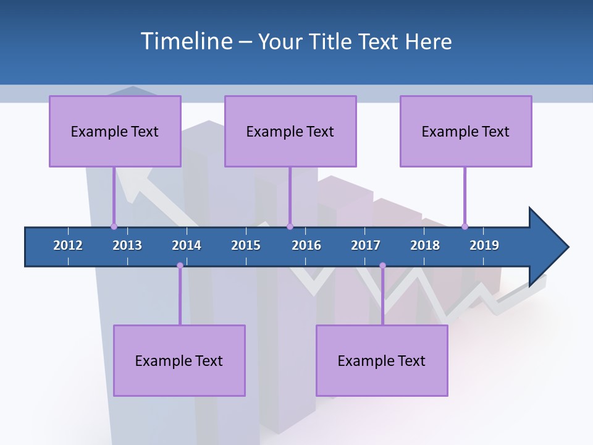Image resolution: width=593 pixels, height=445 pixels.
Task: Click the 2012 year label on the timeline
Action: tap(68, 245)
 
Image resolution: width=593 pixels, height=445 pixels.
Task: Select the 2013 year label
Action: tap(127, 245)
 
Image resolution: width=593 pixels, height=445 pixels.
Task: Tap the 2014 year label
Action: tap(187, 245)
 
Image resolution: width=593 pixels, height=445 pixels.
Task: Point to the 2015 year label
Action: tap(246, 245)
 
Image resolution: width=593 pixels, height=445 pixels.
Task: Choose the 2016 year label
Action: tap(306, 245)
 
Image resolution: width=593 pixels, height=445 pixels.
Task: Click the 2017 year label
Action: tap(366, 245)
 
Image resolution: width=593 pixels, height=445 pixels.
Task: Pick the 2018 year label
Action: tap(425, 245)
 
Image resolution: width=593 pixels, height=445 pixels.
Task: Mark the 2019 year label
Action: tap(484, 245)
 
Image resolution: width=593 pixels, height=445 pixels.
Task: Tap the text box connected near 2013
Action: tap(115, 131)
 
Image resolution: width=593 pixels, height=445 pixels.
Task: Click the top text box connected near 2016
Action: tap(290, 131)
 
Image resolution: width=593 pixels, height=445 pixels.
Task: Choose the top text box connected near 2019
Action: tap(466, 131)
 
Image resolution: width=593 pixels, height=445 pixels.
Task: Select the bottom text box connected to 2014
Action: tap(179, 360)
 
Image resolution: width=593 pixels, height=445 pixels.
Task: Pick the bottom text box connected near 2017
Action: tap(382, 360)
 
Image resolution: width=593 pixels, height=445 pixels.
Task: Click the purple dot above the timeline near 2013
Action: tap(114, 226)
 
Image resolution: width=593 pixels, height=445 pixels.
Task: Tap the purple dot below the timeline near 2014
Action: tap(180, 266)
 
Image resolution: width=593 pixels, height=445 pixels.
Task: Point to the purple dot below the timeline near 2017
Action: tap(382, 266)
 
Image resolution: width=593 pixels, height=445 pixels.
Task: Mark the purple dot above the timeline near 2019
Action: tap(465, 226)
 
